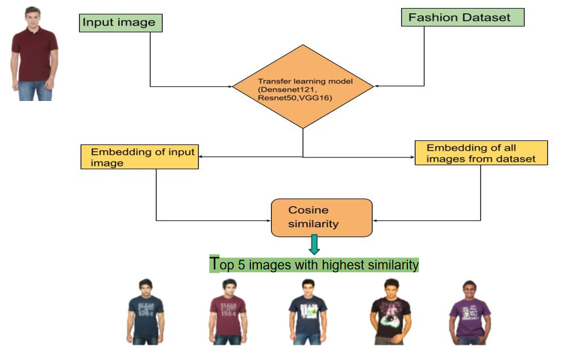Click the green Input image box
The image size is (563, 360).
120,23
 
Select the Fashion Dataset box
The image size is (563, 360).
463,17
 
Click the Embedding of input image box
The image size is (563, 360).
140,157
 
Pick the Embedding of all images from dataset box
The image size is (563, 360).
481,153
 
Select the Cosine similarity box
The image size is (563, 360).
322,217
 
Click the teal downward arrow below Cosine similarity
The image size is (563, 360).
313,244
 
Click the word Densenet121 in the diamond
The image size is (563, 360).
287,90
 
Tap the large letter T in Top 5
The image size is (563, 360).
214,264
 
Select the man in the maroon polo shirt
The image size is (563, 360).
35,54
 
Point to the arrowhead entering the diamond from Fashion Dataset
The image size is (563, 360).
377,87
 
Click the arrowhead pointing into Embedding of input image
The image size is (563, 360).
201,157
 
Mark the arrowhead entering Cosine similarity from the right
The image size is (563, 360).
375,220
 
